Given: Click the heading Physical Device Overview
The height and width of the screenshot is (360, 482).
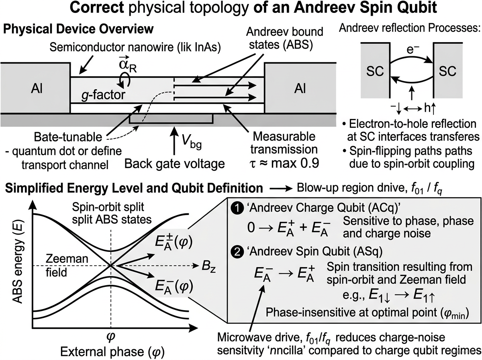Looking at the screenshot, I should pyautogui.click(x=78, y=29).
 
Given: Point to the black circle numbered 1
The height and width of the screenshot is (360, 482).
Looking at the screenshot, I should pyautogui.click(x=237, y=209).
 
